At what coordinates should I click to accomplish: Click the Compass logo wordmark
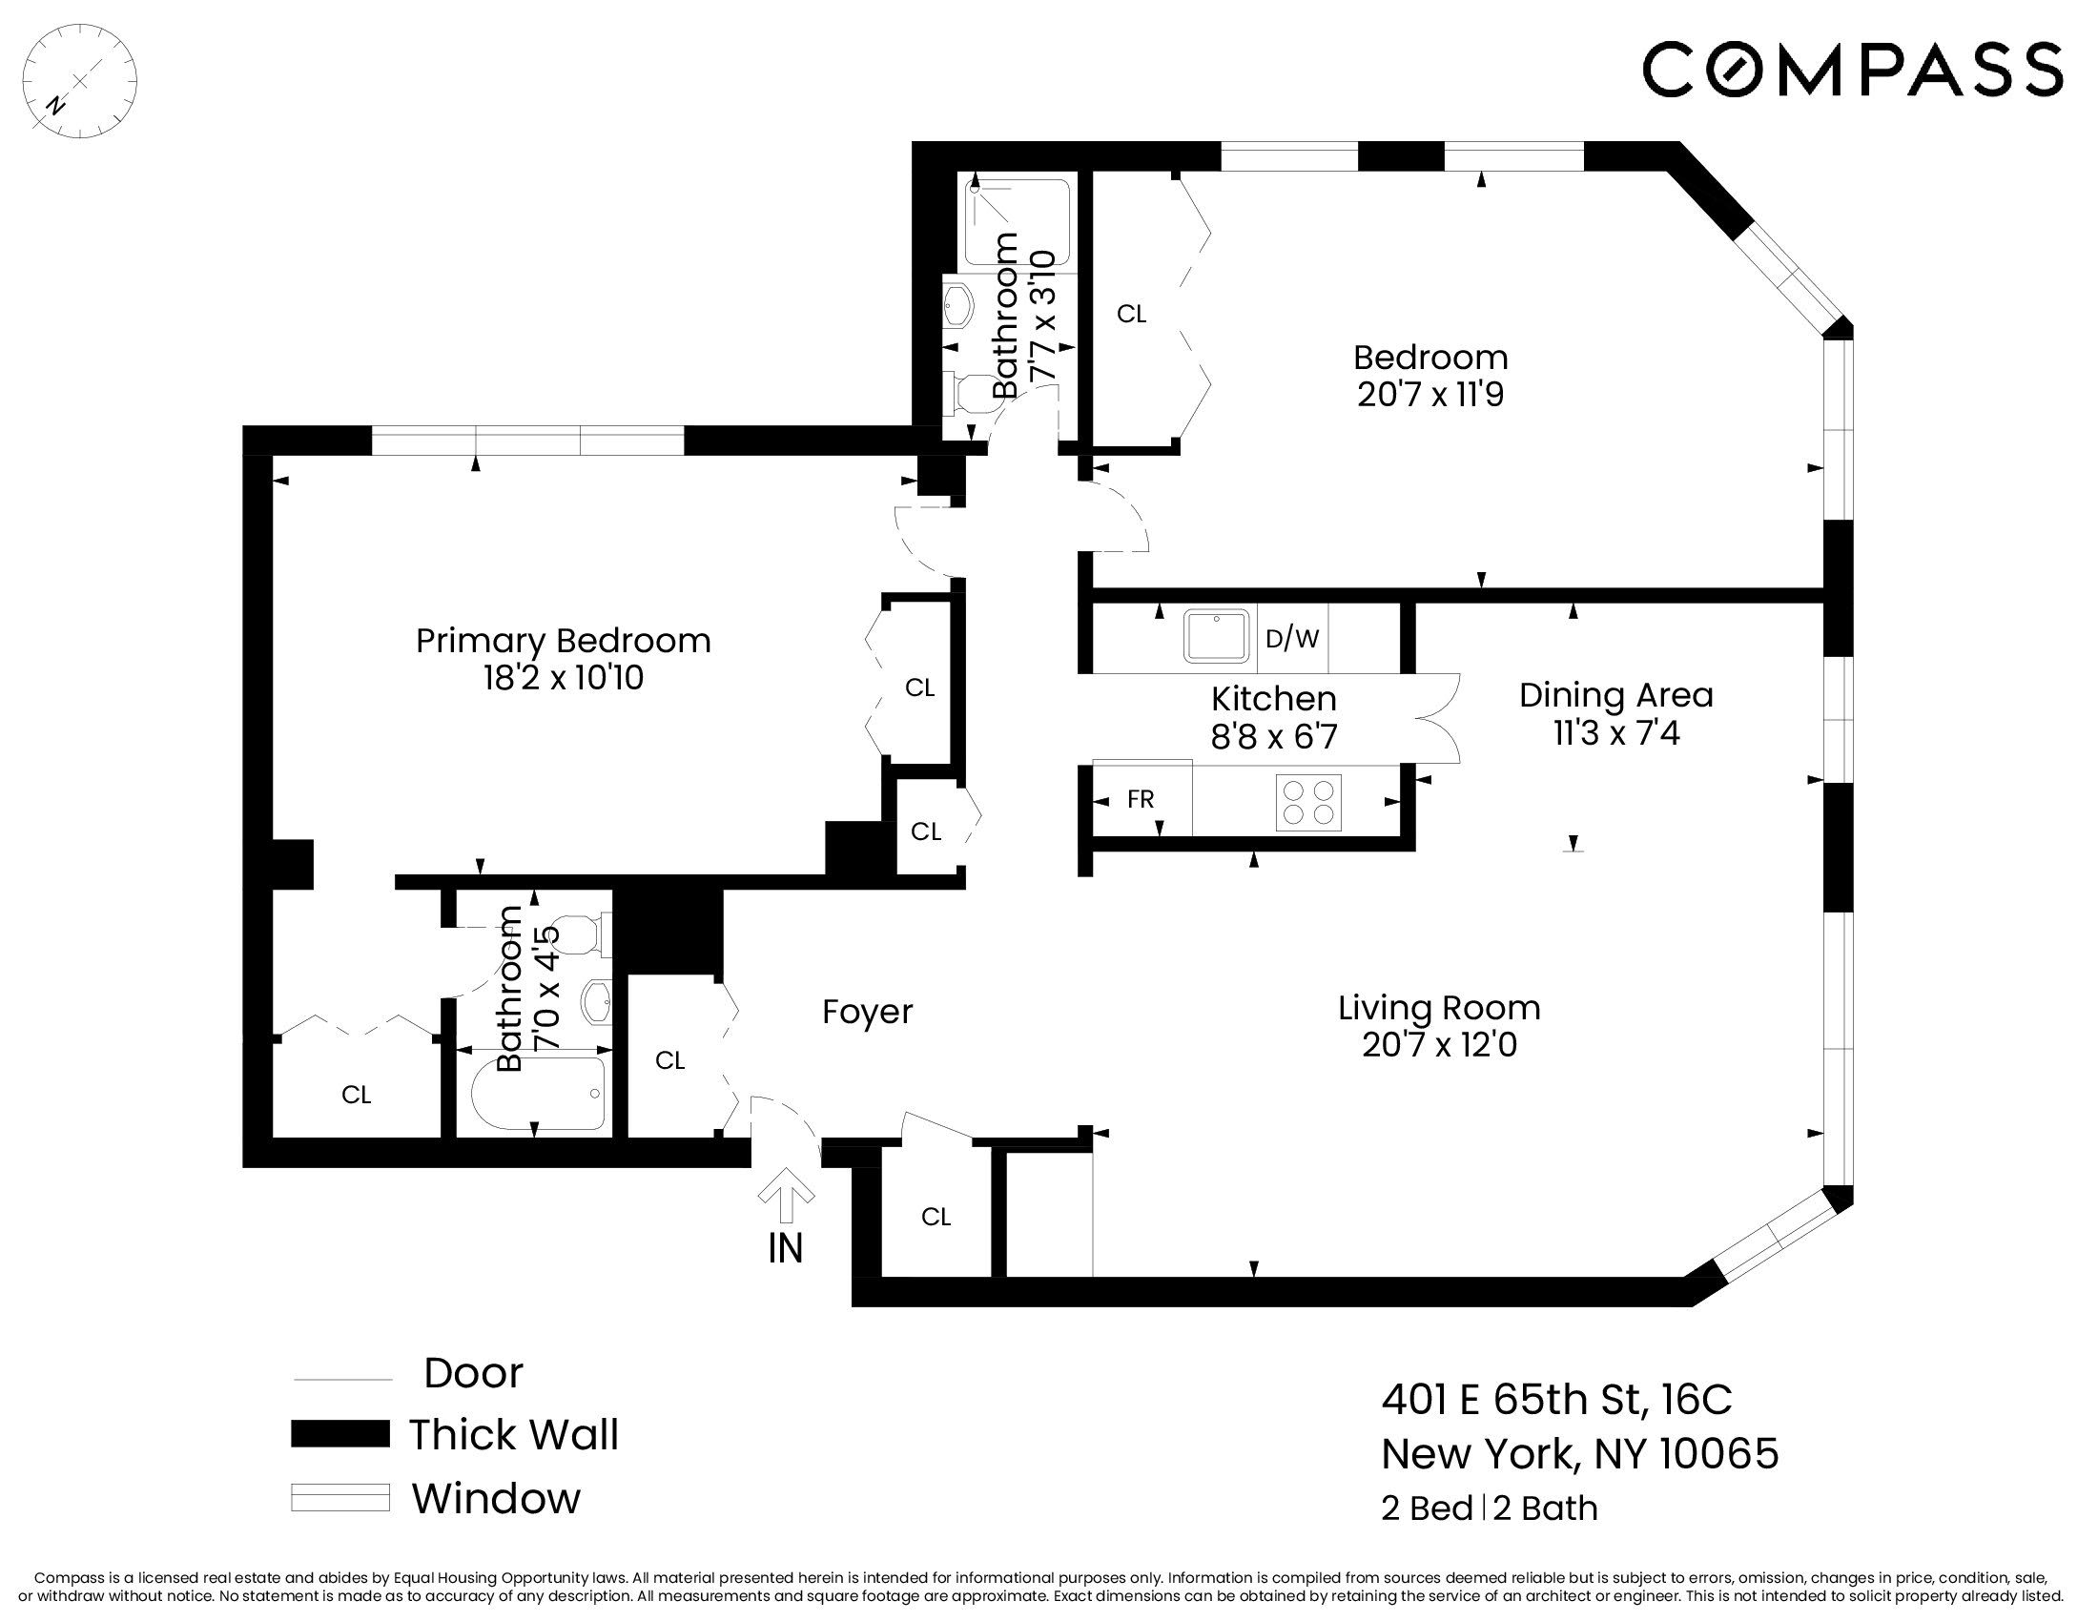(x=1851, y=70)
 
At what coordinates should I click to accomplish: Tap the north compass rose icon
(x=80, y=81)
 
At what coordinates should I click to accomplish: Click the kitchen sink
(x=1217, y=635)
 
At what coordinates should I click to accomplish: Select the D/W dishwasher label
(x=1292, y=639)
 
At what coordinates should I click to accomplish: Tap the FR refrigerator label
(x=1141, y=799)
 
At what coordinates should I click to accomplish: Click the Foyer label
(x=868, y=1011)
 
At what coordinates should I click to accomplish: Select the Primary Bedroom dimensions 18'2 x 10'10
(x=563, y=679)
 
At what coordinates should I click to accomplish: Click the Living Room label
(x=1439, y=1007)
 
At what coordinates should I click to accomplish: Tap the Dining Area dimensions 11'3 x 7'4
(x=1616, y=733)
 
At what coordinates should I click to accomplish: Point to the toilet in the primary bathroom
(x=577, y=934)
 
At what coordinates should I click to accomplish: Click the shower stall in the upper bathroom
(x=1018, y=222)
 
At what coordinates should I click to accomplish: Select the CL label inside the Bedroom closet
(x=1132, y=314)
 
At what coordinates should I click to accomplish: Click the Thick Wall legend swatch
(x=340, y=1434)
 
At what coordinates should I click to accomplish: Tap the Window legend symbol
(x=340, y=1498)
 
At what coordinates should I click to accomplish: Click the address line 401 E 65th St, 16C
(x=1556, y=1399)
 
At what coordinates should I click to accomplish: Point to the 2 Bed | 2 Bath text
(x=1489, y=1508)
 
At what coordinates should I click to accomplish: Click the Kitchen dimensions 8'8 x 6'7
(x=1274, y=736)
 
